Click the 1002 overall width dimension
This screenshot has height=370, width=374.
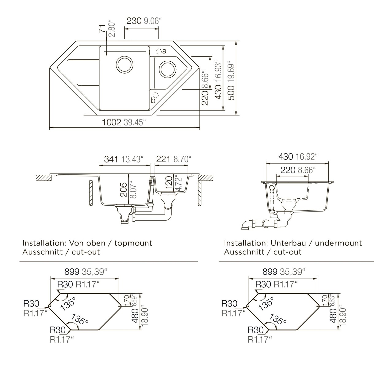click(x=112, y=122)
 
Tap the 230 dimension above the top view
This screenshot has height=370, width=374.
click(x=134, y=21)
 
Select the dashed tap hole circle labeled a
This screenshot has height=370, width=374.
click(x=158, y=51)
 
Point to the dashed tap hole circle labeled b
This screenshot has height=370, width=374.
click(x=156, y=95)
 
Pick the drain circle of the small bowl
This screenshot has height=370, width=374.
click(x=167, y=69)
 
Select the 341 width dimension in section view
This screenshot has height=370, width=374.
click(x=111, y=159)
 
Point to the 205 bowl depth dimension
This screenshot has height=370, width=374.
click(x=124, y=190)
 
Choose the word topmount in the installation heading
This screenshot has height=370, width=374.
click(x=133, y=243)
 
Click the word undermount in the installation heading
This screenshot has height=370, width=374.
click(x=338, y=243)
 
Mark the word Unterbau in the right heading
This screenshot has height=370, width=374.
click(x=288, y=243)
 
